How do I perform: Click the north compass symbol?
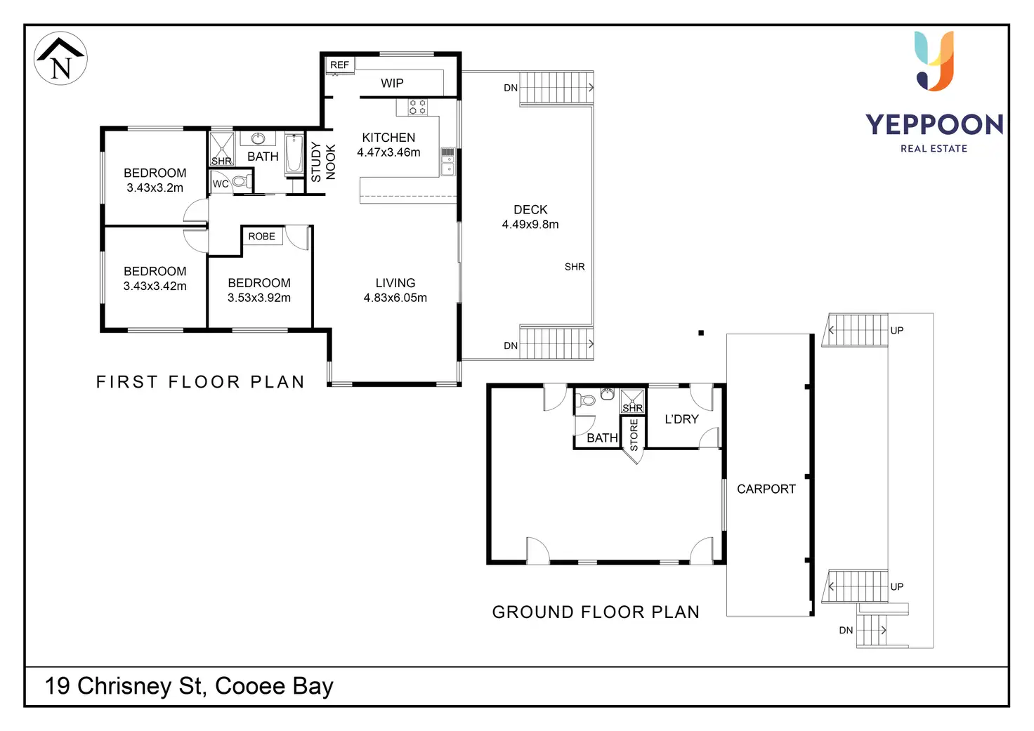pyautogui.click(x=61, y=59)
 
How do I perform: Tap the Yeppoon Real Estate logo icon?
pyautogui.click(x=934, y=61)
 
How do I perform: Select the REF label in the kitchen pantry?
pyautogui.click(x=339, y=65)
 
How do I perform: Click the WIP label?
pyautogui.click(x=392, y=84)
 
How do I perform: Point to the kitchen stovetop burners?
pyautogui.click(x=417, y=107)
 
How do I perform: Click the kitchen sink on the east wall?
pyautogui.click(x=447, y=162)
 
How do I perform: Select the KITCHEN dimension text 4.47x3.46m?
pyautogui.click(x=388, y=153)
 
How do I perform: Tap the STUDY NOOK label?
pyautogui.click(x=323, y=162)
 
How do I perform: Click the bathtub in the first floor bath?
pyautogui.click(x=294, y=154)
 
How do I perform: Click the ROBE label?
pyautogui.click(x=261, y=237)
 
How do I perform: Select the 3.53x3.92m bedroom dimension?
pyautogui.click(x=259, y=298)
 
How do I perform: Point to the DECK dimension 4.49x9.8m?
pyautogui.click(x=530, y=225)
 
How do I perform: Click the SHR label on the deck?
pyautogui.click(x=575, y=267)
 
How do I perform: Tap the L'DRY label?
pyautogui.click(x=681, y=419)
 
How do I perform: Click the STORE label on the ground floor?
pyautogui.click(x=634, y=435)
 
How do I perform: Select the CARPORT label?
pyautogui.click(x=766, y=489)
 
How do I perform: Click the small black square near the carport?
pyautogui.click(x=701, y=333)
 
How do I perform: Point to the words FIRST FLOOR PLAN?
pyautogui.click(x=200, y=382)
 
